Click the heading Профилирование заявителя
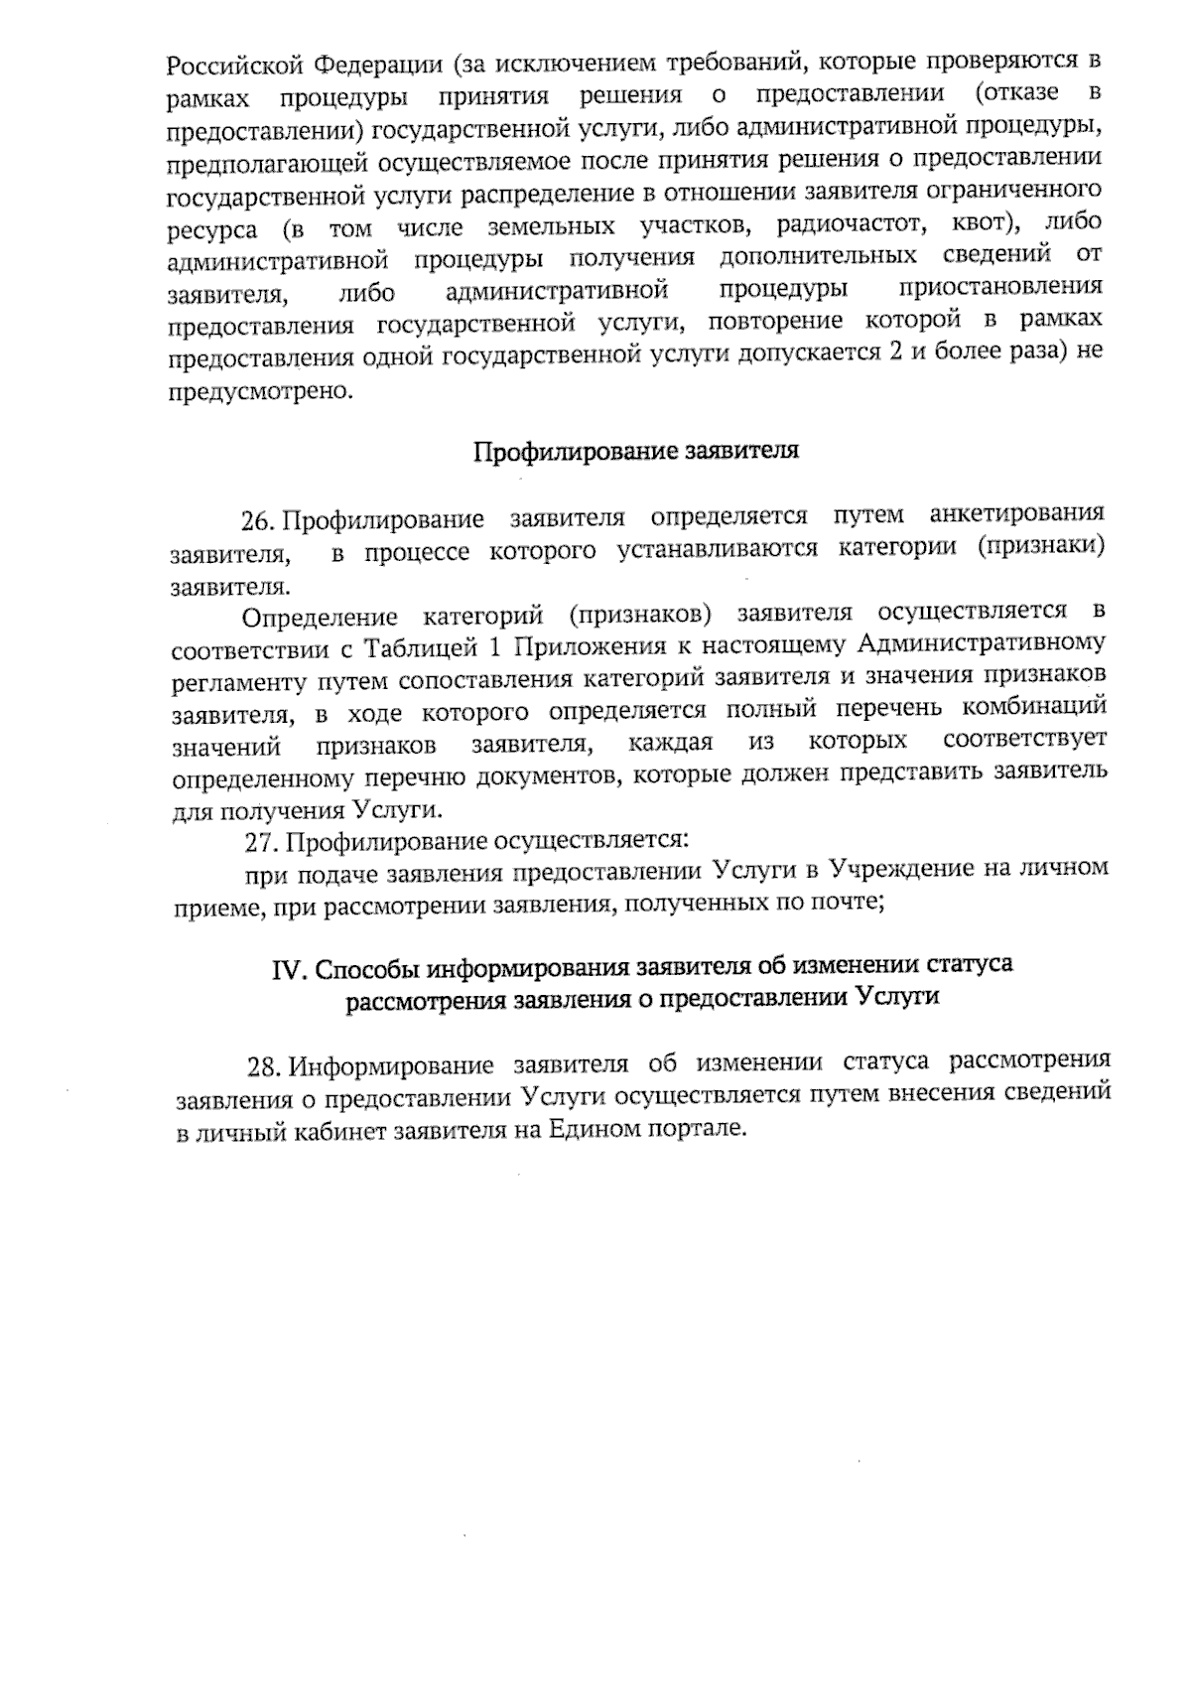click(x=635, y=452)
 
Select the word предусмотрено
click(x=259, y=390)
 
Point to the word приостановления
click(x=999, y=288)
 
